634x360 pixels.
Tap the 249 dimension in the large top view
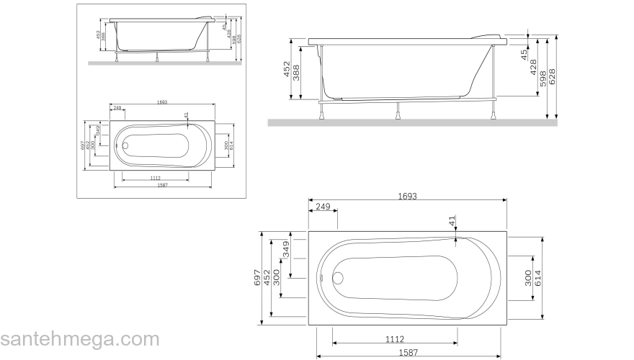click(x=322, y=207)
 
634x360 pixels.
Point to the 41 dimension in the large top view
click(x=452, y=222)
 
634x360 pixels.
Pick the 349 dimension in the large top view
click(x=286, y=250)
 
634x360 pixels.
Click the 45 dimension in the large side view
click(x=524, y=53)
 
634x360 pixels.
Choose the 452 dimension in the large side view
click(x=286, y=70)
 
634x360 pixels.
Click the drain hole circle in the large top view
click(x=338, y=277)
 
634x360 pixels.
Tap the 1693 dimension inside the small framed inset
click(x=161, y=102)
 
